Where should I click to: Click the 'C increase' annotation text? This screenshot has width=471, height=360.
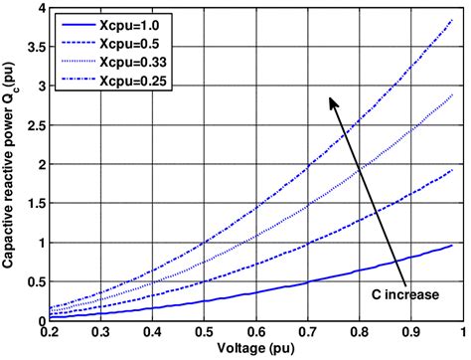(x=403, y=295)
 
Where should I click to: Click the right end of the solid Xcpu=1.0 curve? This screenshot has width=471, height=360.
(x=453, y=245)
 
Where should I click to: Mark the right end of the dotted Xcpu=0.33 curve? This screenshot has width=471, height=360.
(x=453, y=94)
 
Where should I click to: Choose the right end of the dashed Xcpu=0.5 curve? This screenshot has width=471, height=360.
(x=453, y=169)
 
